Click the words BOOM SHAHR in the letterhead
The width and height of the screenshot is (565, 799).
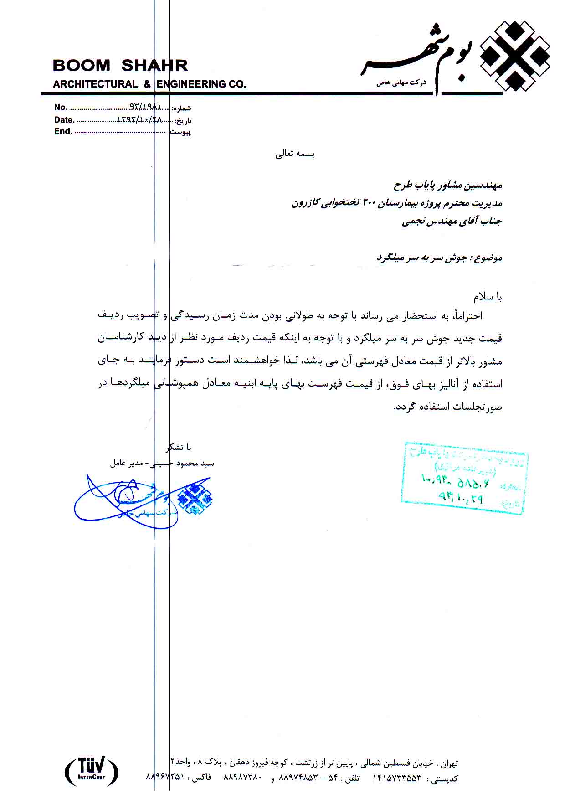120,66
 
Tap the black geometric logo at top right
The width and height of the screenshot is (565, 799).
515,56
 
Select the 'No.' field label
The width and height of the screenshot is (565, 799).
61,108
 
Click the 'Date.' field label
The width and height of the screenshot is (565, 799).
64,120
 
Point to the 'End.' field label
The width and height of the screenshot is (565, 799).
63,132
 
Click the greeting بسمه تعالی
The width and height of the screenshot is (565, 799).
295,154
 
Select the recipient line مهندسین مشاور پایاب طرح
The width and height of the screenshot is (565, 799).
447,186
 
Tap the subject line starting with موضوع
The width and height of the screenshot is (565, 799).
439,258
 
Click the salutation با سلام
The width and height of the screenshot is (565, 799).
488,297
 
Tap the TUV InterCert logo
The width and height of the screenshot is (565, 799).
92,770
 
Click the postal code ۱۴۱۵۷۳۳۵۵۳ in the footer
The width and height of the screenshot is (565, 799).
397,778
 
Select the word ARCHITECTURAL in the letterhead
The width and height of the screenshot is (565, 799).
95,84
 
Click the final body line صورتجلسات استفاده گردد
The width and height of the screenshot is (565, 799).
448,407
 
